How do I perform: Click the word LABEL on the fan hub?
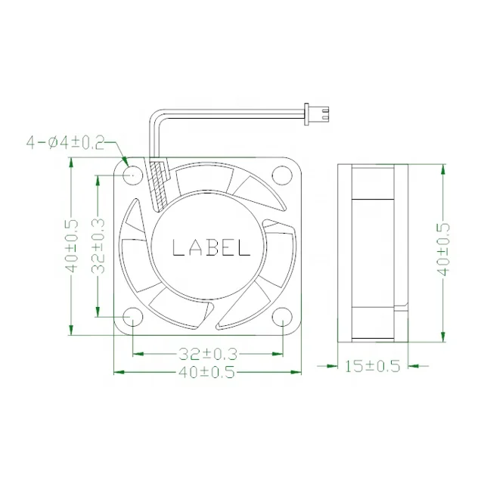click(210, 247)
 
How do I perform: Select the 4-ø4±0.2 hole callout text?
click(66, 141)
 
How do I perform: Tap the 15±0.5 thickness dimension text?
click(372, 366)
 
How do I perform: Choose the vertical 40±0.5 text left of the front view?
click(72, 247)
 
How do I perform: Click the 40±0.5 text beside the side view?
click(444, 247)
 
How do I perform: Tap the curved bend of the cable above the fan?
click(156, 119)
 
